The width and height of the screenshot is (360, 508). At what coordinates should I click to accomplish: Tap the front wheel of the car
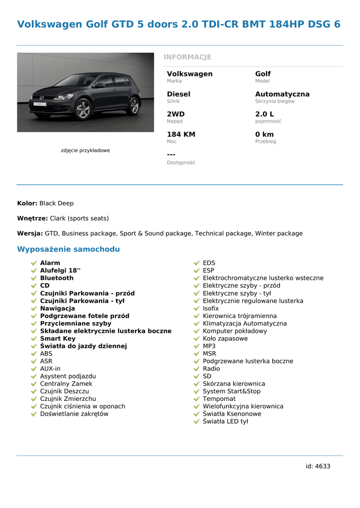[83, 109]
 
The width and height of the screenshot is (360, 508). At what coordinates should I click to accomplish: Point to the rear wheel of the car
[134, 106]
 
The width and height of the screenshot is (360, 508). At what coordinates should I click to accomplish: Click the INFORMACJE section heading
[187, 57]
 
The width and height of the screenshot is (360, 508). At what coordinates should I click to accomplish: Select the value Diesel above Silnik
[178, 94]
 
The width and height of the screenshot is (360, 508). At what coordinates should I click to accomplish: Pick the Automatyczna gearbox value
[282, 94]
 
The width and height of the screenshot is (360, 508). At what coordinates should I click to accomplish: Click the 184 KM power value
[181, 134]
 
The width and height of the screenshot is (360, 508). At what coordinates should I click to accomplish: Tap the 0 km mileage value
[264, 134]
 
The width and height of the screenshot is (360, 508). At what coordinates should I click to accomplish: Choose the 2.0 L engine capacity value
[264, 114]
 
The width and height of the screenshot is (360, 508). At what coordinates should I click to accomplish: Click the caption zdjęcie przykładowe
[85, 150]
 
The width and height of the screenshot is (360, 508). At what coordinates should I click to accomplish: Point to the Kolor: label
[27, 203]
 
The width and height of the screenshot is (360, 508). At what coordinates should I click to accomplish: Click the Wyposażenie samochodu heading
[69, 249]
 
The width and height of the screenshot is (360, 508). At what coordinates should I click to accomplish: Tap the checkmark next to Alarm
[34, 263]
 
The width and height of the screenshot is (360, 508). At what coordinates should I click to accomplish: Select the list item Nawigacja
[58, 309]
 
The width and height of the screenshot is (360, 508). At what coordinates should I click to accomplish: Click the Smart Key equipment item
[58, 339]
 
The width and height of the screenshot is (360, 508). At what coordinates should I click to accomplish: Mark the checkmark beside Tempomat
[197, 399]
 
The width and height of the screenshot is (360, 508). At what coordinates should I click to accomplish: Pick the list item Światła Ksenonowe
[232, 414]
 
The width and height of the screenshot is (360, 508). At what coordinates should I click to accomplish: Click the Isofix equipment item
[211, 309]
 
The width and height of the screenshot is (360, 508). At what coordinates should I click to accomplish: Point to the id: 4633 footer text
[318, 466]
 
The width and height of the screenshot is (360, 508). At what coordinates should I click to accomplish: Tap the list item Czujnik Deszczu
[65, 391]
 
